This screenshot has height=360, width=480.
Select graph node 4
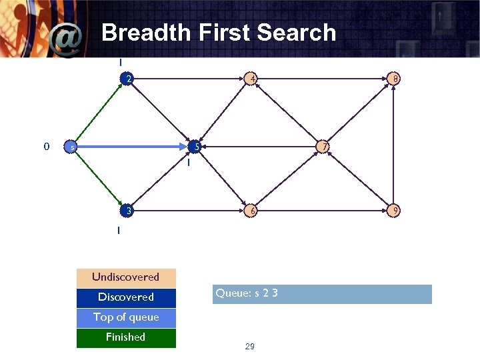click(x=251, y=79)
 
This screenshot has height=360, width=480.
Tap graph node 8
click(x=395, y=79)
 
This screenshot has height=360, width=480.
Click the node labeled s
click(x=71, y=147)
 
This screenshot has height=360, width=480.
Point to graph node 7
click(x=323, y=147)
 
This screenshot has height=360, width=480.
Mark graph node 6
click(x=251, y=211)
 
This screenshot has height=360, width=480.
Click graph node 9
click(x=395, y=211)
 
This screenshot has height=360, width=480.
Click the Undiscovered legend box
click(x=126, y=277)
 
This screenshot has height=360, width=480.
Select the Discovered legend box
click(x=126, y=297)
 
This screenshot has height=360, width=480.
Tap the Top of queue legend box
click(x=126, y=317)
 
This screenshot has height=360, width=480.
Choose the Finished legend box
click(x=126, y=337)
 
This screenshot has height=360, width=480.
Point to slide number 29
click(x=250, y=347)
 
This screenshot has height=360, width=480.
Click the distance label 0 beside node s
click(x=46, y=146)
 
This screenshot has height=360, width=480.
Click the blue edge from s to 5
click(x=133, y=147)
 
